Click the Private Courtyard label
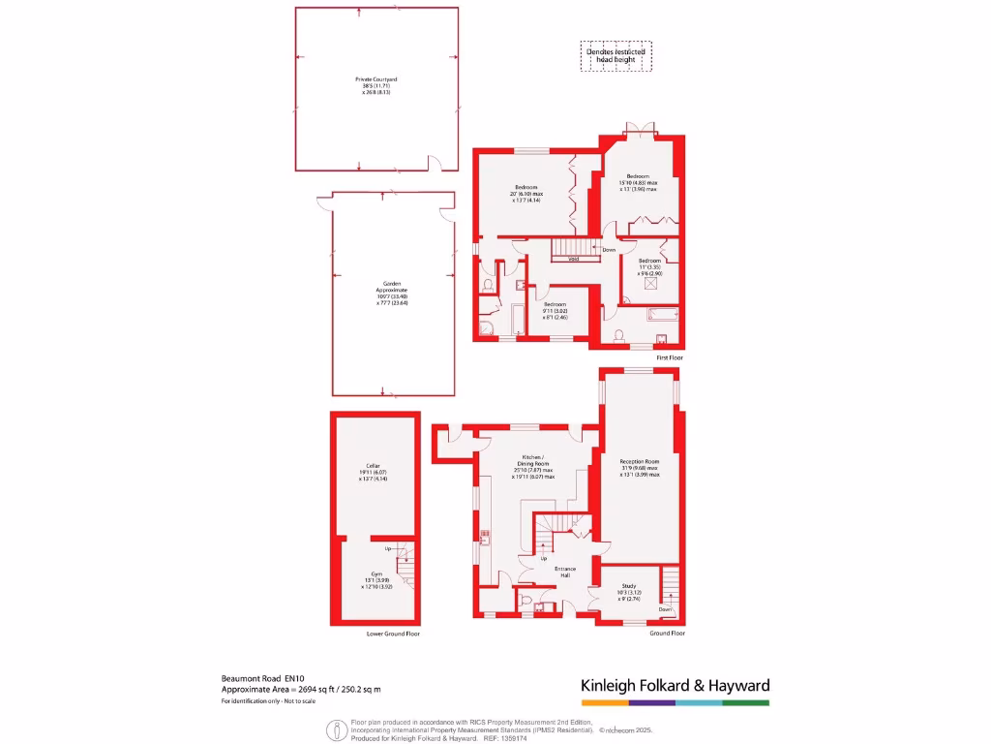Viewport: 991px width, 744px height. click(376, 84)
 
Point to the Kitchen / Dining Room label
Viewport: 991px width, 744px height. click(534, 466)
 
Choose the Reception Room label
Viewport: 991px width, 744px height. click(639, 468)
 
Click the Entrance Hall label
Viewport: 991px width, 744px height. click(565, 572)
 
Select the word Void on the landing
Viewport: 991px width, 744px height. click(573, 259)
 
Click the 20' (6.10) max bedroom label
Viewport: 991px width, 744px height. click(526, 193)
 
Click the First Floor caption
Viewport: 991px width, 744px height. click(669, 357)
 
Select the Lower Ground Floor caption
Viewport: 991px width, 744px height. click(393, 634)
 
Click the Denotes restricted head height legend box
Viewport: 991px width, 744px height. click(616, 55)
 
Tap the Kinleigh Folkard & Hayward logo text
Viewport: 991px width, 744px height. click(675, 686)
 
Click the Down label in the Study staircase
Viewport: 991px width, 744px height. click(665, 609)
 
